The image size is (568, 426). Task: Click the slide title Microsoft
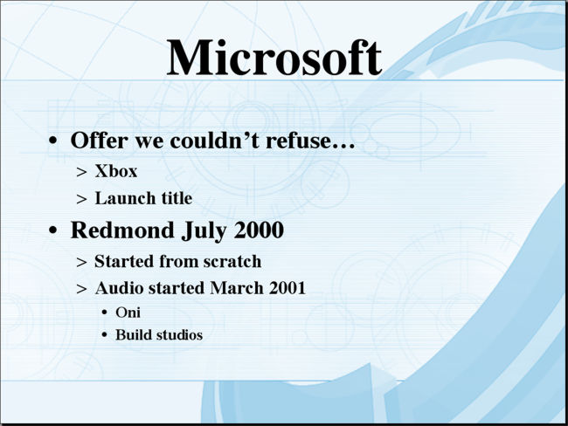coord(274,58)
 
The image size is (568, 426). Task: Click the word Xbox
coord(116,171)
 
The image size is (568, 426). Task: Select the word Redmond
coord(122,230)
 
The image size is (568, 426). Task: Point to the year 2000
coord(259,230)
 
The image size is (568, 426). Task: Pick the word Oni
coord(128,313)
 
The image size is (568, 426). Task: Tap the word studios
coord(179,335)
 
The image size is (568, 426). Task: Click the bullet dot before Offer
coord(53,141)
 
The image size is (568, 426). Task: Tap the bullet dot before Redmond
coord(53,230)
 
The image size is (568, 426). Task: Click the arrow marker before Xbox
coord(82,172)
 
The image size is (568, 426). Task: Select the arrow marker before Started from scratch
coord(82,262)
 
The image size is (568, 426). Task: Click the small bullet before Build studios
coord(105,335)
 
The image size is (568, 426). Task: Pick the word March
coord(237,288)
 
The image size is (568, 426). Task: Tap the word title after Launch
coord(177,198)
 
